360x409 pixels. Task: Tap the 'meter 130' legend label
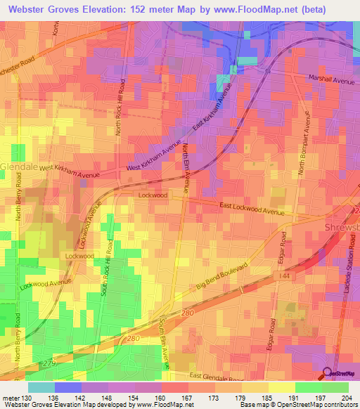[15, 398]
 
